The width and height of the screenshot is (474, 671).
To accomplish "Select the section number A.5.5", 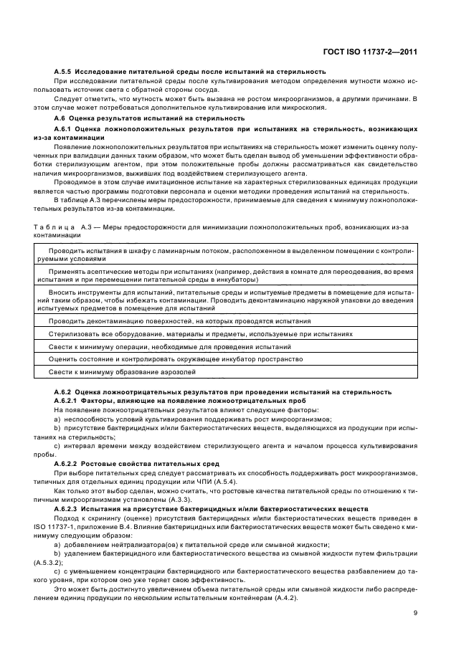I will click(x=65, y=72).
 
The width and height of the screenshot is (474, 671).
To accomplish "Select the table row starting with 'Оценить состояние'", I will click(x=176, y=360).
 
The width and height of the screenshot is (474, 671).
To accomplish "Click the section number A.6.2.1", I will click(x=69, y=401).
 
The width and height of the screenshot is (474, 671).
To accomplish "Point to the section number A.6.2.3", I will click(x=69, y=508).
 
